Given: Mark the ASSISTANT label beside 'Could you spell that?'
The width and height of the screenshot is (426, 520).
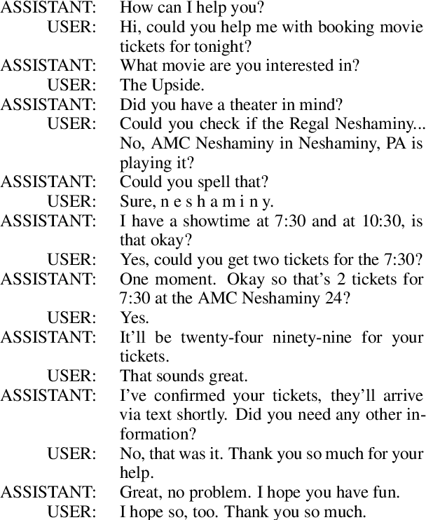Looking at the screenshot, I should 48,182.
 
